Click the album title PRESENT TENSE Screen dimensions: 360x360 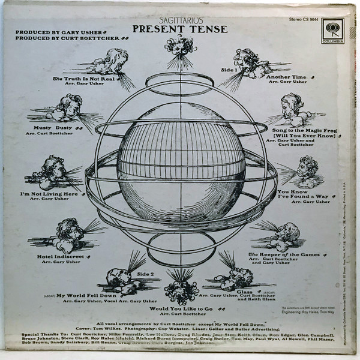(x=180, y=28)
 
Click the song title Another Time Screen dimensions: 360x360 (x=286, y=77)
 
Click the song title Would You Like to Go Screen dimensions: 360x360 (x=181, y=308)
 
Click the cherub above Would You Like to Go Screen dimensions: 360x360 (x=181, y=285)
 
